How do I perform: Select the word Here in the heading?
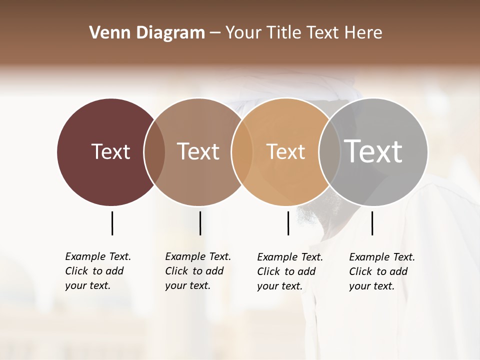[x=364, y=33]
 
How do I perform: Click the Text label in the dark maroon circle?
[x=110, y=151]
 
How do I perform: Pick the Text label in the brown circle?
[x=198, y=151]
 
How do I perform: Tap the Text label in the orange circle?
[x=285, y=151]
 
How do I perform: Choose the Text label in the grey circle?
[x=373, y=151]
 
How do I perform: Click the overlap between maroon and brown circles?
[x=154, y=152]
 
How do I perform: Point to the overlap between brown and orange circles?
[x=242, y=152]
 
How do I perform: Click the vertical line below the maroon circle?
[x=112, y=223]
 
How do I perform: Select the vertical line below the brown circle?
[x=200, y=223]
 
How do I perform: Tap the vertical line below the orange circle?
[x=288, y=223]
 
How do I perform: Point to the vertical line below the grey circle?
[x=372, y=223]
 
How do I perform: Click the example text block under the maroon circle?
[x=97, y=271]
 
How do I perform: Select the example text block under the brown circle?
[x=197, y=271]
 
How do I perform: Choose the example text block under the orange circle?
[x=289, y=271]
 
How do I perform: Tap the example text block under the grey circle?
[x=381, y=271]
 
